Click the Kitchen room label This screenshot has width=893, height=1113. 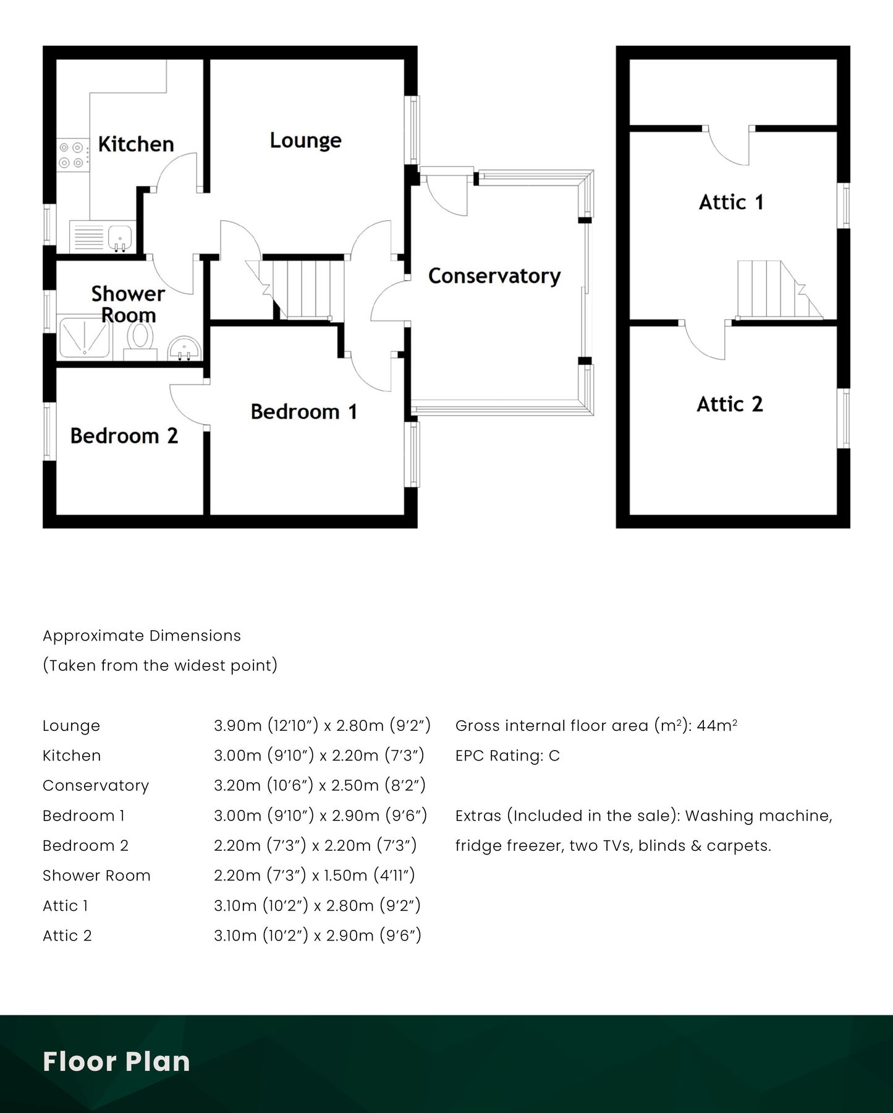(x=136, y=144)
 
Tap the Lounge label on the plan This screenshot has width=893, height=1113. (x=305, y=140)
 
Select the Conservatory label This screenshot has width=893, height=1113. (x=494, y=276)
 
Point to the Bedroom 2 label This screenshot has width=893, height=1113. (x=124, y=436)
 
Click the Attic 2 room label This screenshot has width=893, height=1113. (x=730, y=404)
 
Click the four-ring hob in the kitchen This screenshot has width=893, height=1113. (x=70, y=155)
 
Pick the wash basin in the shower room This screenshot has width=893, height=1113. (x=183, y=349)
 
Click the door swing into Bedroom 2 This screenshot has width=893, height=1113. (x=188, y=404)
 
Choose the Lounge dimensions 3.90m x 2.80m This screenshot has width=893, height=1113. (x=322, y=725)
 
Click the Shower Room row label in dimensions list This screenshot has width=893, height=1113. (x=96, y=876)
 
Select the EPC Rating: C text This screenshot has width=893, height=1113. (x=507, y=756)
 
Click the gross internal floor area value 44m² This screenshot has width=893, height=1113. (x=717, y=725)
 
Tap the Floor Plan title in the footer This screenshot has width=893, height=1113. (x=116, y=1061)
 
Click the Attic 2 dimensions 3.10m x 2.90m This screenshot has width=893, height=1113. (x=318, y=936)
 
